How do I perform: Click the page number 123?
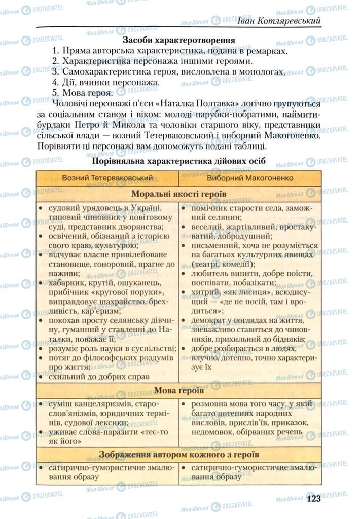[313, 498]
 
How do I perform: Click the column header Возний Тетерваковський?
[107, 178]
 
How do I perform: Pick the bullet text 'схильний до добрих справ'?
[99, 377]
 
